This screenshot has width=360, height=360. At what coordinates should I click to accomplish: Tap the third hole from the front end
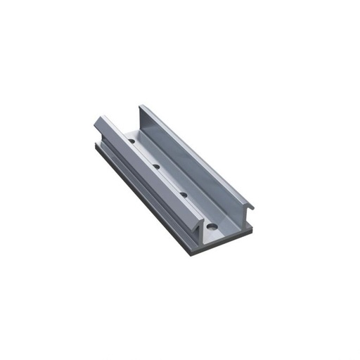coord(156,167)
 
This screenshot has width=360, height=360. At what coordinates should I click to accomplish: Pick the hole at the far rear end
coord(131,143)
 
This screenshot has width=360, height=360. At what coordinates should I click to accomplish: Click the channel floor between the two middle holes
coord(170,181)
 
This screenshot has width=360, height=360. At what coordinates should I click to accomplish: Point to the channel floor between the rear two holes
coord(144,155)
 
